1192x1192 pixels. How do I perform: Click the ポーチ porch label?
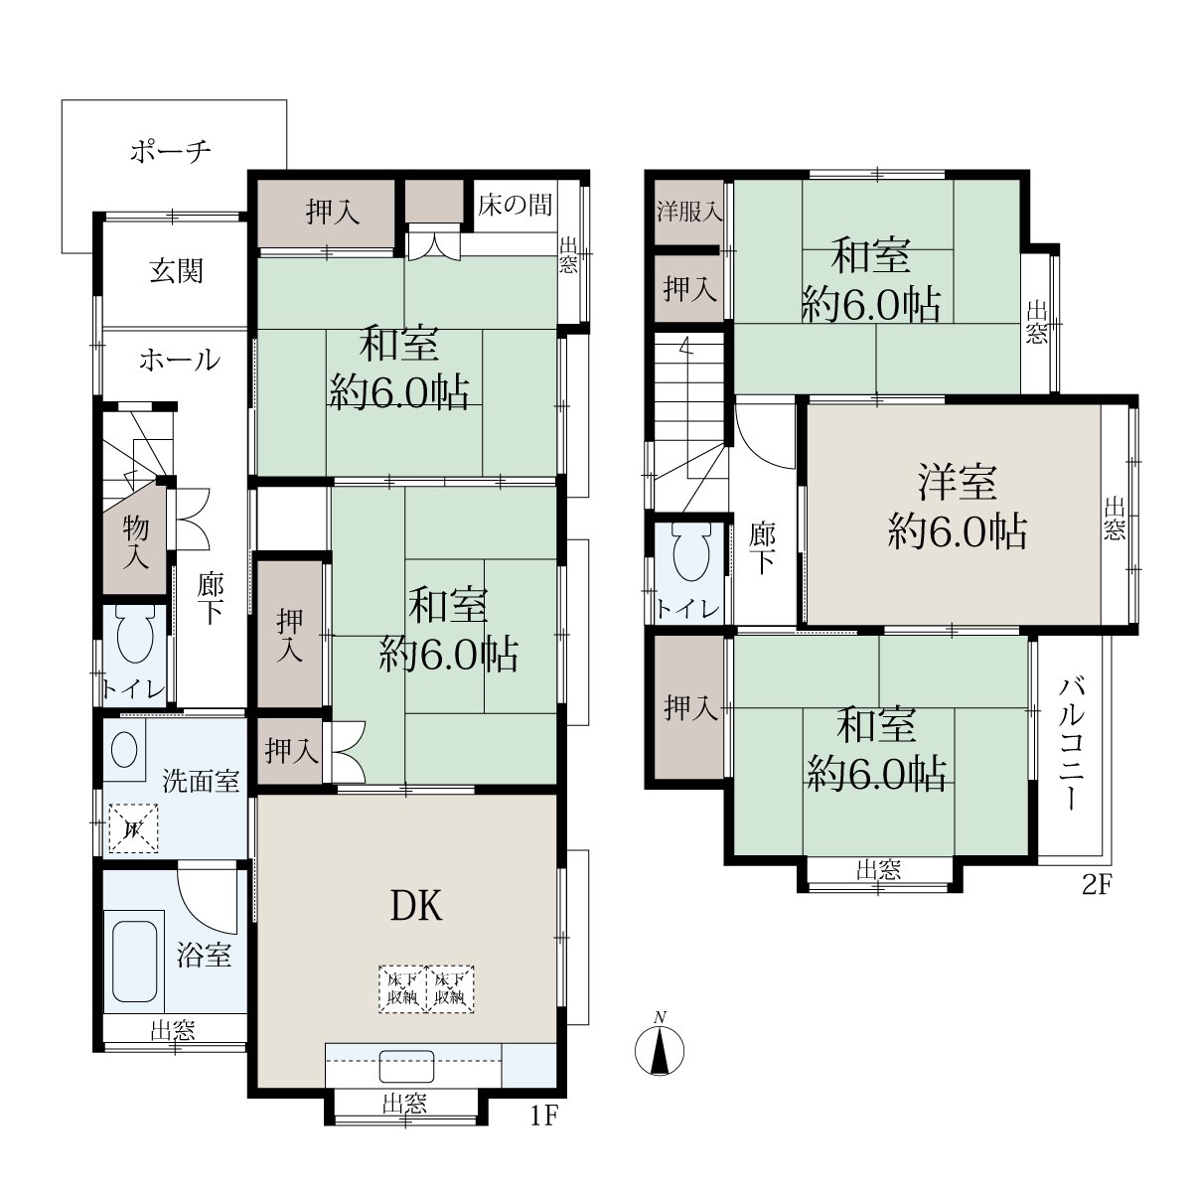pos(171,151)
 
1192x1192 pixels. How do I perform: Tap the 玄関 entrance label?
pos(176,271)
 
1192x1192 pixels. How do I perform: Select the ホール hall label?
pos(180,360)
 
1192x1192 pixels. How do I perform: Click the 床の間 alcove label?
pos(515,205)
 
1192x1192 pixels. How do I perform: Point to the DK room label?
pos(416,907)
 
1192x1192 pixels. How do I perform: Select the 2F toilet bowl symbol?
pos(692,550)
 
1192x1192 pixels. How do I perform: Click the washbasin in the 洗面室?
pos(124,750)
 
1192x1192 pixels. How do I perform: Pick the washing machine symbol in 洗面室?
pos(133,828)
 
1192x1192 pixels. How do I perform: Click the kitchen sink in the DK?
pos(406,1066)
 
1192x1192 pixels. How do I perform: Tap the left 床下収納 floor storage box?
pos(402,988)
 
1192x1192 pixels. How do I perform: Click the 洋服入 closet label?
pos(689,212)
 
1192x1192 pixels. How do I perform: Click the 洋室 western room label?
pos(958,483)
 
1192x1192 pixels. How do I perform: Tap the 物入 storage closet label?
pos(135,543)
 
